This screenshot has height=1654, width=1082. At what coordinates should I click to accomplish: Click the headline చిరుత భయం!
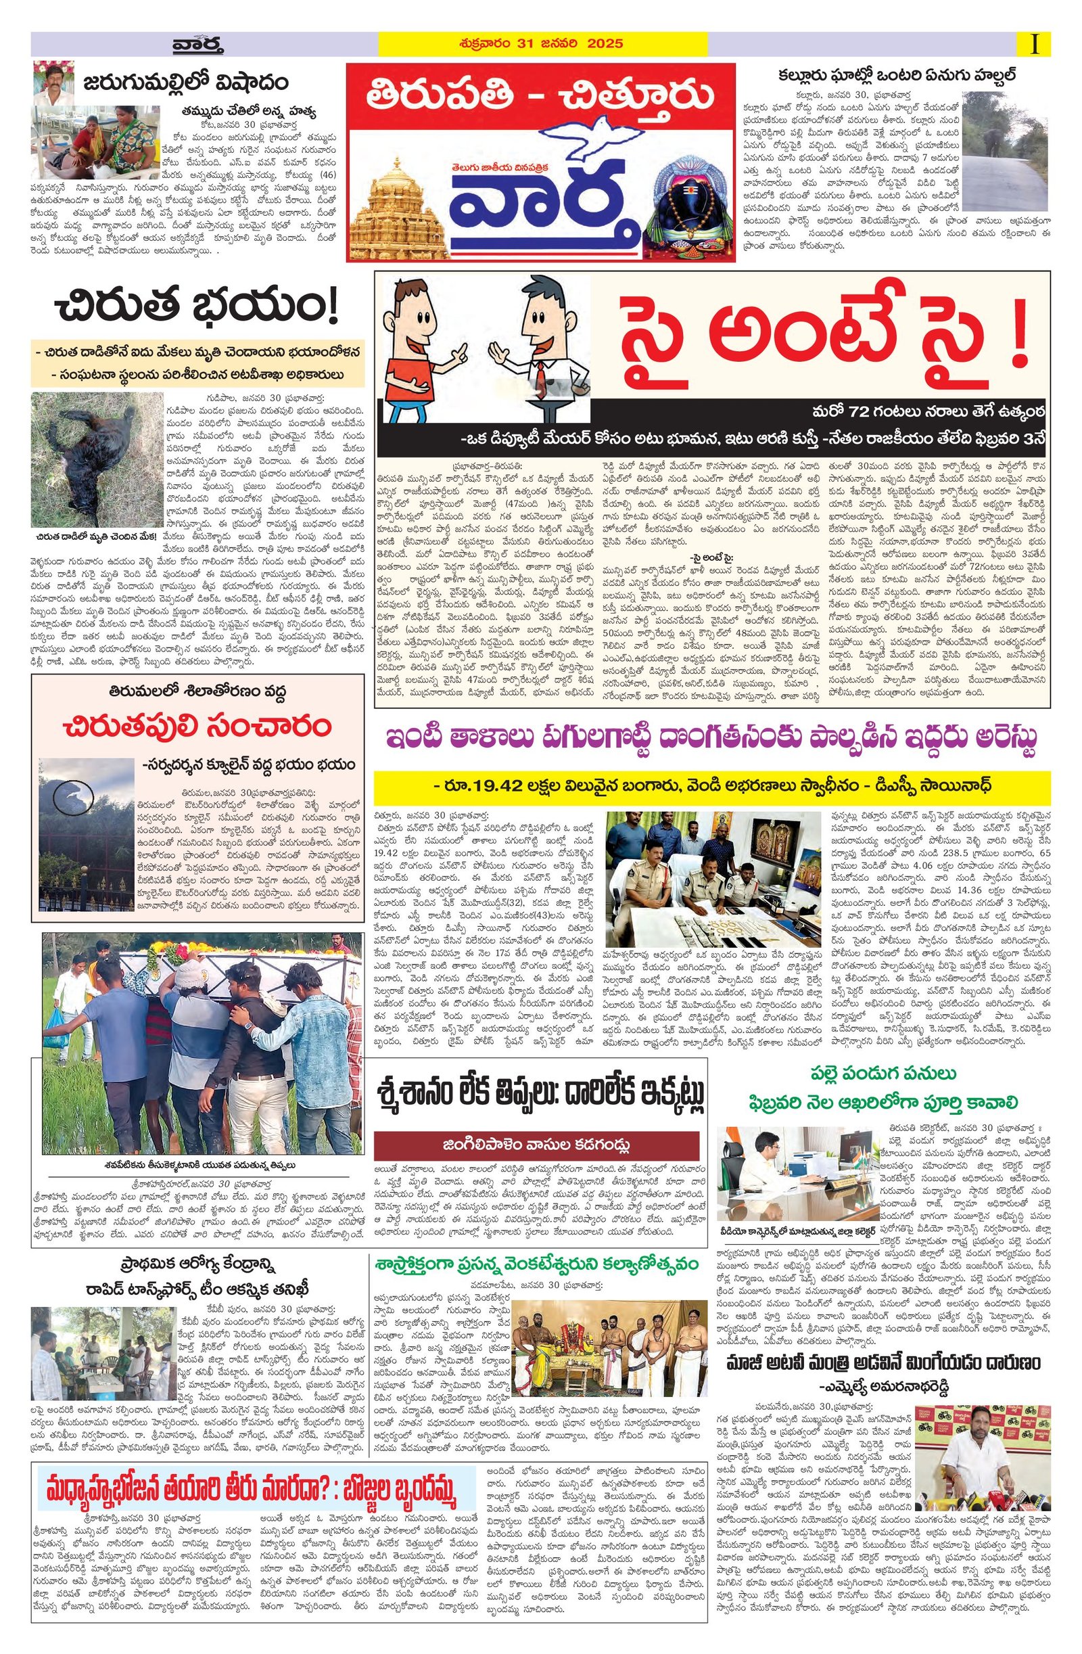coord(197,306)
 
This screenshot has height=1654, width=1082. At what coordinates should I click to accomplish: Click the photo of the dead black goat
coord(97,459)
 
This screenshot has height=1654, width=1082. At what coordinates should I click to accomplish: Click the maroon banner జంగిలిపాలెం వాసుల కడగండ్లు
coord(536,1145)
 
